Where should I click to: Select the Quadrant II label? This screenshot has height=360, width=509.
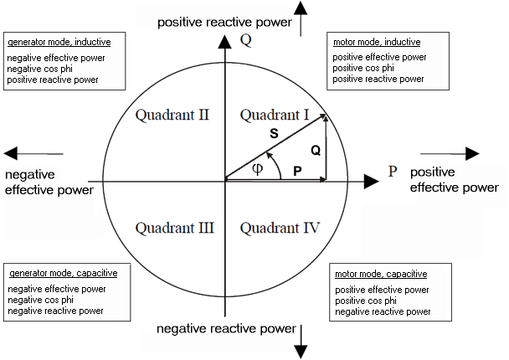coord(172,115)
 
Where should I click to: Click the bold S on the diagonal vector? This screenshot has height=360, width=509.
coord(274,133)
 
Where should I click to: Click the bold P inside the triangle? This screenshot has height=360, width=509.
coord(296,170)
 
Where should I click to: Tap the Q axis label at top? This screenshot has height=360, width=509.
coord(245,39)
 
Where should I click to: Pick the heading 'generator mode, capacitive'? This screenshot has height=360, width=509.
coord(63,273)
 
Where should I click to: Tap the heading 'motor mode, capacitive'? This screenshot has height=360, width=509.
coord(381,274)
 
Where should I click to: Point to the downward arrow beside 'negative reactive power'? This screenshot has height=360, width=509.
coord(301,342)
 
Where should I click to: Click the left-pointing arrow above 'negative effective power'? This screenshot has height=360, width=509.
coord(33,153)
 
